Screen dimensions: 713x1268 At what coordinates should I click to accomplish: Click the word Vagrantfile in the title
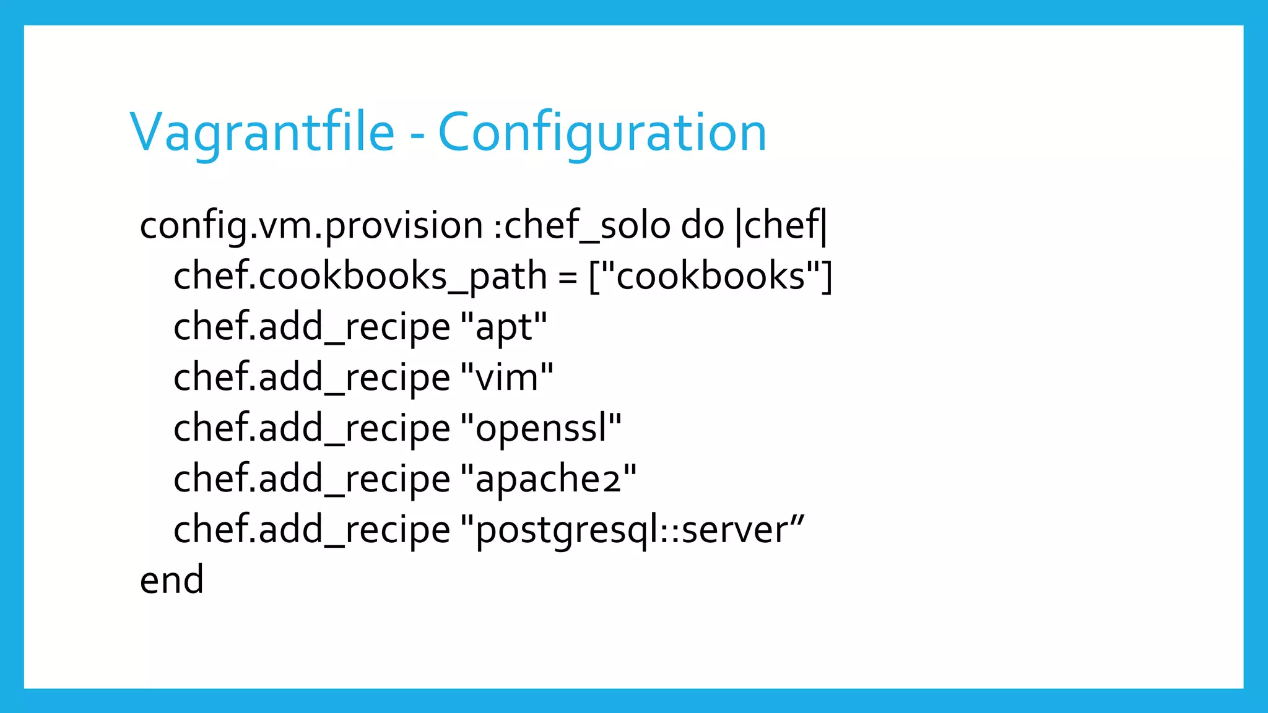pos(263,132)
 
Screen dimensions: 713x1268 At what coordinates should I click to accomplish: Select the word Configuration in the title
pos(602,132)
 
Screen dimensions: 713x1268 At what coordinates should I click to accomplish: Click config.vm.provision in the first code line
pos(311,225)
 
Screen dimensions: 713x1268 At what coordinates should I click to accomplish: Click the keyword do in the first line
pos(702,225)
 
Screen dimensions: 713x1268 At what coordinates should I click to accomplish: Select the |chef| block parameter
pos(781,225)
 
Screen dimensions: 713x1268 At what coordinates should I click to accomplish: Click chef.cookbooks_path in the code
pos(360,276)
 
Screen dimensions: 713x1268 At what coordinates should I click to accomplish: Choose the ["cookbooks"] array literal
pos(710,276)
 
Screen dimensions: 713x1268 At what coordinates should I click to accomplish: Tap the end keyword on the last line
pos(172,581)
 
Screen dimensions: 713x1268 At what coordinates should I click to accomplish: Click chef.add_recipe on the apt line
pos(311,327)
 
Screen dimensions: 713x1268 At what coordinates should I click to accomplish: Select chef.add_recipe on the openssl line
pos(311,428)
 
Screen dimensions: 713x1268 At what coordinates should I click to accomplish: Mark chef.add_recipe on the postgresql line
pos(311,530)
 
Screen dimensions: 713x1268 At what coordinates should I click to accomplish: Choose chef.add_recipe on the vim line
pos(311,378)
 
